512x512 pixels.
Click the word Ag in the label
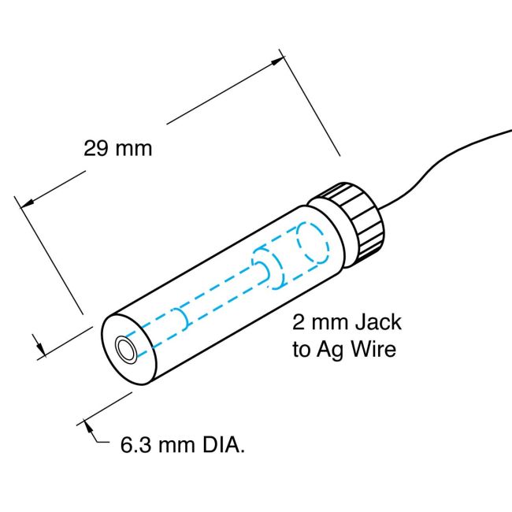332,350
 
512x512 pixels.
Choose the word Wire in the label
373,350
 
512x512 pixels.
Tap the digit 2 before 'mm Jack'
299,323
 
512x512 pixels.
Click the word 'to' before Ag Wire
302,350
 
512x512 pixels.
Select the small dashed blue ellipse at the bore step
260,265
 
